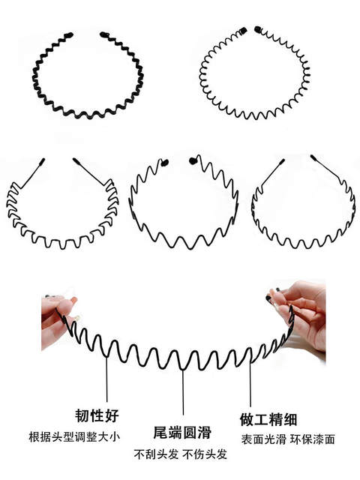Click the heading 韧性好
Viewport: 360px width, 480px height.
tap(97, 415)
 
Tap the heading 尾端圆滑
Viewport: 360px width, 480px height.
tap(182, 432)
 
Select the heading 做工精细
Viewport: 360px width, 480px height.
tap(268, 419)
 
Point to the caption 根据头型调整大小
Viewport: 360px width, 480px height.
tap(74, 436)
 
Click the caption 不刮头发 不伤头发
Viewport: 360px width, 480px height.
tap(180, 454)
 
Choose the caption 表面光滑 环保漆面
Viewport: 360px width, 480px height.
tap(288, 439)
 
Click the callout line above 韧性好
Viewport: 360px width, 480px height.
tap(106, 379)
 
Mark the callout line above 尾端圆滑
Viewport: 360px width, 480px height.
tap(183, 392)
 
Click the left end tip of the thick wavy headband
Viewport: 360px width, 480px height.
tap(70, 35)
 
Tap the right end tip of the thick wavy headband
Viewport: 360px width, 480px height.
tap(103, 34)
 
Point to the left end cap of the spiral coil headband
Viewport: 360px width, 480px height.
tap(243, 31)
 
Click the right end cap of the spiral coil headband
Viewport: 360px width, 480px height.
tap(258, 30)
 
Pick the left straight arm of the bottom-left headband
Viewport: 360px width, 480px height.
tap(31, 173)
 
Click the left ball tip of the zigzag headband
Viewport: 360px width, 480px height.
tap(165, 163)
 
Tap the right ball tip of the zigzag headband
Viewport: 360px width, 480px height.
tap(193, 160)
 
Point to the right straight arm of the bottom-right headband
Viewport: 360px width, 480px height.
tap(327, 168)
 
